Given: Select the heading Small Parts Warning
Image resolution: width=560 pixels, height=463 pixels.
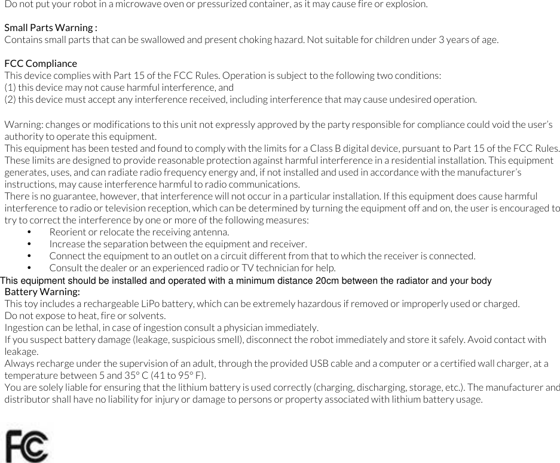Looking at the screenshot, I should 51,28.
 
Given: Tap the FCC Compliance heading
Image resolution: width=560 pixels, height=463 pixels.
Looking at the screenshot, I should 41,63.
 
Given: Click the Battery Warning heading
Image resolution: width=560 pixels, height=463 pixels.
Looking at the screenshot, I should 42,292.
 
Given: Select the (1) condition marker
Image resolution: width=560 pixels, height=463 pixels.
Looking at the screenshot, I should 10,87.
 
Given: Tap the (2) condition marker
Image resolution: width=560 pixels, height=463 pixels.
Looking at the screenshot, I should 10,99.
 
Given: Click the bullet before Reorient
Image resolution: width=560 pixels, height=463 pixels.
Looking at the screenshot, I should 29,232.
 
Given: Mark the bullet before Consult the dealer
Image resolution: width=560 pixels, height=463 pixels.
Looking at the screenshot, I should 29,268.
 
